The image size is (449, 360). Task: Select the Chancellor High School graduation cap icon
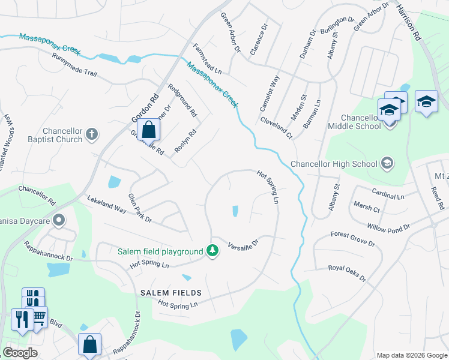point(387,163)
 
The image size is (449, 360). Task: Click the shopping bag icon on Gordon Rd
point(148,130)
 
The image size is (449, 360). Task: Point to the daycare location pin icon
point(59,221)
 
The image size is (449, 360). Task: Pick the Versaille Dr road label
point(243,245)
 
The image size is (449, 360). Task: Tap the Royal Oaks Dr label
point(347,272)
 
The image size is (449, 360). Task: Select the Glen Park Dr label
point(140,208)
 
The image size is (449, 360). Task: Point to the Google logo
point(20,352)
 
